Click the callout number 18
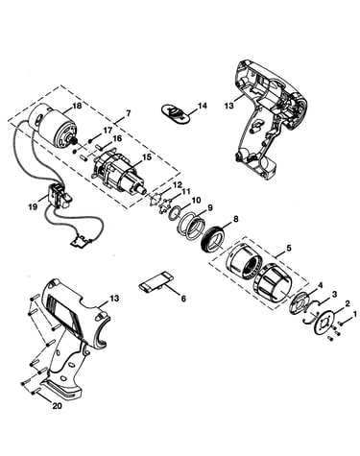77,106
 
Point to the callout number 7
128,113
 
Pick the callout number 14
203,106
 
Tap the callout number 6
183,299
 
